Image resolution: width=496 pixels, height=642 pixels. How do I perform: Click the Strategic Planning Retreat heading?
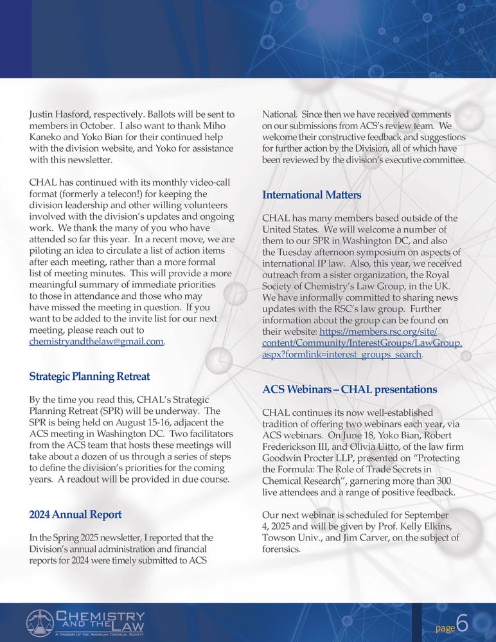89,376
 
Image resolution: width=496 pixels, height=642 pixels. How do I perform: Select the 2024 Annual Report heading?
75,514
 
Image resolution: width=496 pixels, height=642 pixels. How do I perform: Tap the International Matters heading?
312,195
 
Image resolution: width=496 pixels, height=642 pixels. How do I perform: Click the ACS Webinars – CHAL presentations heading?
350,389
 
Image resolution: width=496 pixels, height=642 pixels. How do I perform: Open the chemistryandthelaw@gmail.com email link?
96,342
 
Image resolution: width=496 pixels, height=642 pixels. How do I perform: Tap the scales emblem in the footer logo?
40,623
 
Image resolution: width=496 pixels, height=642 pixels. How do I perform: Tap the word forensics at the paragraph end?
281,549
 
